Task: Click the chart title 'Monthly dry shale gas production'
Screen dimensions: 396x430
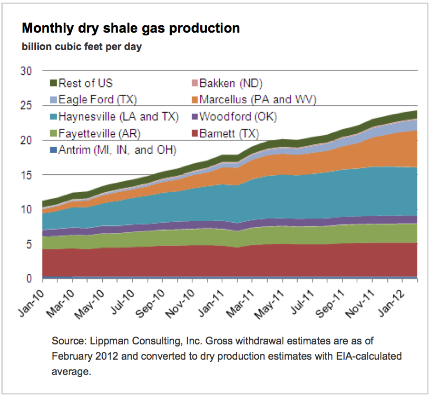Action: (131, 28)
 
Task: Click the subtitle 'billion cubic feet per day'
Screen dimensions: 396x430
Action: (81, 47)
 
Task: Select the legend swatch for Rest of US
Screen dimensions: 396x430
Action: (53, 83)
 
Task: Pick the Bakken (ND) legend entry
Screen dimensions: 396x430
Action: (236, 83)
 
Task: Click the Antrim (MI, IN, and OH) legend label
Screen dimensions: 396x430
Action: (117, 150)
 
